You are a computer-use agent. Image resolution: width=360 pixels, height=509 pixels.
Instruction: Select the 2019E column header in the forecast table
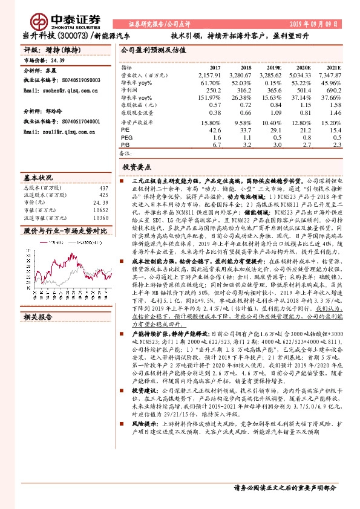click(x=273, y=67)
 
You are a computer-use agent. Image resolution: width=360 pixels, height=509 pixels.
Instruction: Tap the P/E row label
click(x=125, y=130)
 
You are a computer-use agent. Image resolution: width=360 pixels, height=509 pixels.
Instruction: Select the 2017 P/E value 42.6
click(x=214, y=130)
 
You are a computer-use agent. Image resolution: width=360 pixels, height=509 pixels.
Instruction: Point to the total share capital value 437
click(x=103, y=188)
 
